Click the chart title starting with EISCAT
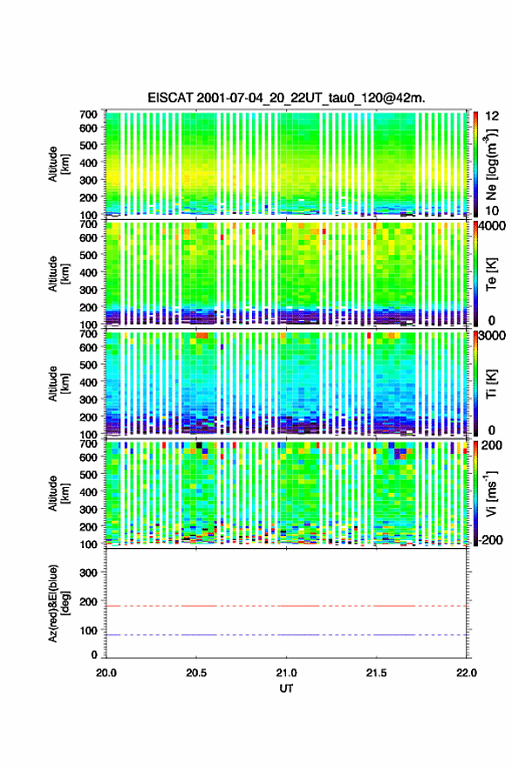coord(286,98)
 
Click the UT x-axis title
coord(286,689)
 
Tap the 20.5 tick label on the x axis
coord(196,673)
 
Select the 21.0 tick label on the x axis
coord(286,673)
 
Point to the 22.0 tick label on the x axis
coord(467,673)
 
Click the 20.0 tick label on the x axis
coord(106,673)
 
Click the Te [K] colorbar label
coord(491,274)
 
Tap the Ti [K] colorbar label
coord(491,384)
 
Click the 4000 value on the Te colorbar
coord(493,226)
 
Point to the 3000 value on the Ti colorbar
coord(493,335)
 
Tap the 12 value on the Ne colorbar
coord(493,116)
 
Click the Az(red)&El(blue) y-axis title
coord(58,603)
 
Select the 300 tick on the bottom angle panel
coord(89,573)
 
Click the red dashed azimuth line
coord(286,606)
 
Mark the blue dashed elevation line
coord(286,634)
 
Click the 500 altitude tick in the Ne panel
coord(89,145)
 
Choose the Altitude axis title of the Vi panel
coord(58,493)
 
